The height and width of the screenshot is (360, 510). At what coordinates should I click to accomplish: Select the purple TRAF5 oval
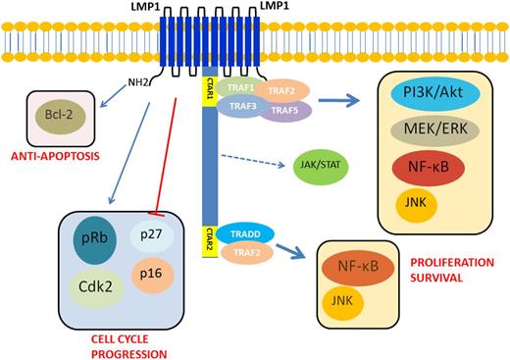(284, 111)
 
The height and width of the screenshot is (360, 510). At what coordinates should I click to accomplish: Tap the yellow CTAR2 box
(208, 241)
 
